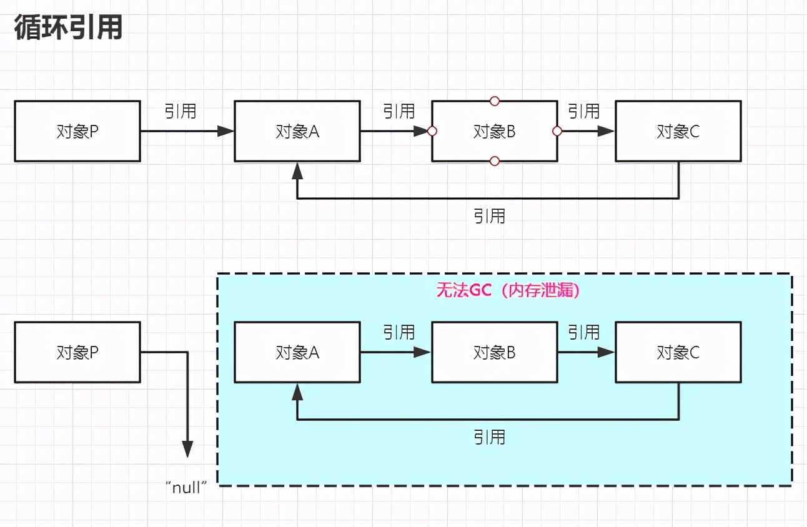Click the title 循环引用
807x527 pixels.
[x=68, y=28]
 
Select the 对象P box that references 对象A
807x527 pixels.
[x=77, y=131]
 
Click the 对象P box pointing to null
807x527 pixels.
[x=77, y=352]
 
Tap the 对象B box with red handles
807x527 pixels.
[x=494, y=131]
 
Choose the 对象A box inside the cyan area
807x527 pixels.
[x=297, y=352]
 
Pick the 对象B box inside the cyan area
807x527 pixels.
[x=494, y=352]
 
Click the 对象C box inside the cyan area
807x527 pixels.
[x=678, y=352]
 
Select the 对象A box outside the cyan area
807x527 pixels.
[x=297, y=131]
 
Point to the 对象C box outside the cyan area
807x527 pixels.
[x=678, y=131]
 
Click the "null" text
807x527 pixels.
[x=187, y=488]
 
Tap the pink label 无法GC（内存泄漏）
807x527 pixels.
[x=507, y=291]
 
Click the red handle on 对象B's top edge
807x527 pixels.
[x=494, y=101]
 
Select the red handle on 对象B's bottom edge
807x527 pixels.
[x=494, y=162]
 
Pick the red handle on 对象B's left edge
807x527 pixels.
[x=432, y=131]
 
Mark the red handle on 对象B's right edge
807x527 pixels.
[x=557, y=131]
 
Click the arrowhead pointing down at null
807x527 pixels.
[x=187, y=449]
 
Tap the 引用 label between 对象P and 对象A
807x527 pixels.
[x=181, y=111]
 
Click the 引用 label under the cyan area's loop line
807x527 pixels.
[x=489, y=437]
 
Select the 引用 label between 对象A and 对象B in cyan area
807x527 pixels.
[x=399, y=332]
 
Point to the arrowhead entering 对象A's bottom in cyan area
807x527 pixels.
[x=297, y=392]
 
